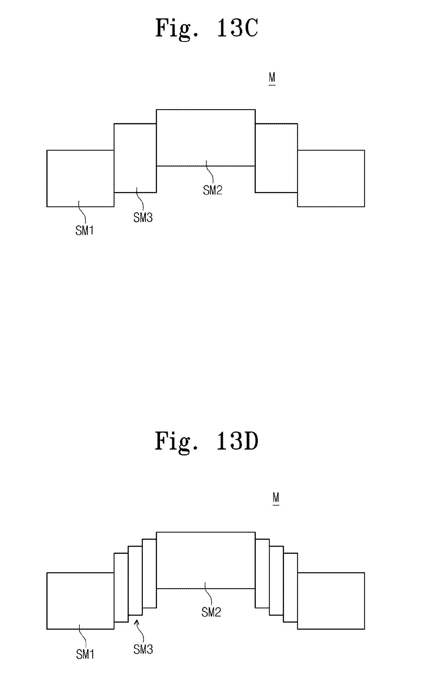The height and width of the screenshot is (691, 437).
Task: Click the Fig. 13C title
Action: tap(206, 28)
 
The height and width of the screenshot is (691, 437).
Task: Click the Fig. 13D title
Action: tap(206, 441)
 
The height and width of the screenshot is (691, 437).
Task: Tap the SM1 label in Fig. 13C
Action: tap(84, 231)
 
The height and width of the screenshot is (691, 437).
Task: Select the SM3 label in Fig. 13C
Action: tap(143, 218)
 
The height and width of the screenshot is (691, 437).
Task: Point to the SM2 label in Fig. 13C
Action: tap(213, 190)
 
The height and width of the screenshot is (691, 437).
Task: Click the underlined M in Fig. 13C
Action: tap(272, 78)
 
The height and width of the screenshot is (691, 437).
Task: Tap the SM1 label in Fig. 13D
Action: tap(85, 655)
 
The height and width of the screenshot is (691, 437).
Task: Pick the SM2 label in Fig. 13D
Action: tap(211, 613)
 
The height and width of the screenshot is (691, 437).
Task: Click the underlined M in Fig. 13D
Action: tap(276, 497)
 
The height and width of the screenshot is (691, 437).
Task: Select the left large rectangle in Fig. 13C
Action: tap(80, 178)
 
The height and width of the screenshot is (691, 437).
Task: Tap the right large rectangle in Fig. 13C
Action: tap(331, 178)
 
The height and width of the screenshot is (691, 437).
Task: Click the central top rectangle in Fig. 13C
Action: tap(205, 137)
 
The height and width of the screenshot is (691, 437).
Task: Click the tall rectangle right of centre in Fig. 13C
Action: tap(276, 158)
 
